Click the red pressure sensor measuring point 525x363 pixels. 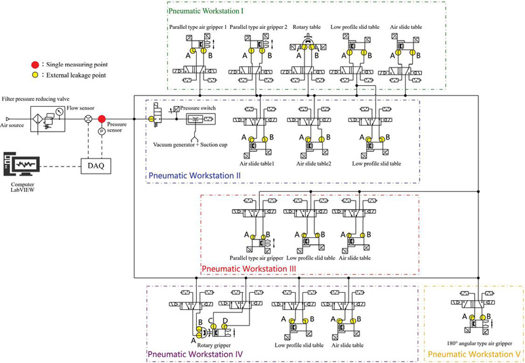[102, 119]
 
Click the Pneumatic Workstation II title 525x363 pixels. [194, 176]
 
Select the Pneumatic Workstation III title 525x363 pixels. [248, 268]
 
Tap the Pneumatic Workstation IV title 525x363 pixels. [195, 354]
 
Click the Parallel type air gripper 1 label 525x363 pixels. [198, 27]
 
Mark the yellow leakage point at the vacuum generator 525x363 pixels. [151, 119]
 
